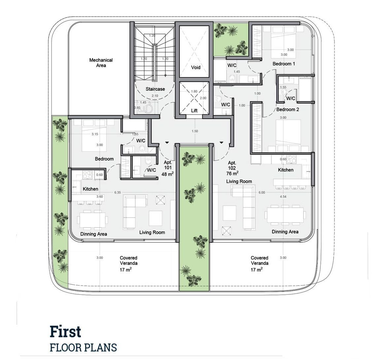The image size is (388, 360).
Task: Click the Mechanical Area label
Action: point(101,63)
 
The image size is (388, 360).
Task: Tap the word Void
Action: point(196,67)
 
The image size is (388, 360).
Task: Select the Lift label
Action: point(194,110)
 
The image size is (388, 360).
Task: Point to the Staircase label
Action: point(155,89)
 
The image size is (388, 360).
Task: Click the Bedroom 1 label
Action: point(284,64)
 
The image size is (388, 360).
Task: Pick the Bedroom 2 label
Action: point(288,109)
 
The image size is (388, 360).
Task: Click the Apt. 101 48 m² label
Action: point(168,168)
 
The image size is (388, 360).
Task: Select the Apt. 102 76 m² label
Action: point(232,168)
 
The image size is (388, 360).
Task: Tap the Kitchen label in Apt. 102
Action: point(286,170)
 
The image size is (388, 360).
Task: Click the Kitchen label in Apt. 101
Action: point(90,189)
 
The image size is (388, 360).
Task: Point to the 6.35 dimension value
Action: point(117,193)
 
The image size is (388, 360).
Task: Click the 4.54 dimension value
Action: point(283,196)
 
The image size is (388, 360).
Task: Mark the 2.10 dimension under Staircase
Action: point(155,96)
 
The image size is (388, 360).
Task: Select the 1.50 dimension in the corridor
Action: point(195,131)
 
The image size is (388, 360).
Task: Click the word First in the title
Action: point(65,332)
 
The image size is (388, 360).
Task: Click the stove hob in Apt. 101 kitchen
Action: point(87,175)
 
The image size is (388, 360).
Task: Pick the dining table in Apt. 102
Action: point(285,215)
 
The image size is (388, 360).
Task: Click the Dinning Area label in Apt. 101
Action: point(94,234)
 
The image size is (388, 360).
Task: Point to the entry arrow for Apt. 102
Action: point(221,142)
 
